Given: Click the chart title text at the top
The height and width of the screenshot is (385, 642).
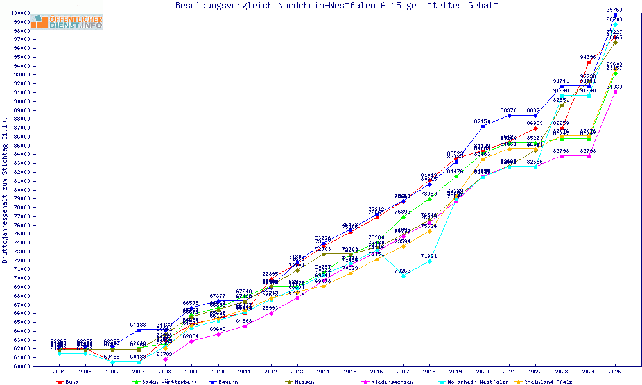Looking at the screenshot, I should click(x=336, y=6).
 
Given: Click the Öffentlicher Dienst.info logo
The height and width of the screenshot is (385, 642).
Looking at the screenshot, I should click(x=69, y=22).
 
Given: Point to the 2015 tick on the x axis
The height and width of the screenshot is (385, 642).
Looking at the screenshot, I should click(x=350, y=372).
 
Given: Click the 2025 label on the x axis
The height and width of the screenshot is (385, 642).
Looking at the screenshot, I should click(x=615, y=372).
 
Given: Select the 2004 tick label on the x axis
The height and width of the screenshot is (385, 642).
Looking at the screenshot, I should click(x=59, y=372).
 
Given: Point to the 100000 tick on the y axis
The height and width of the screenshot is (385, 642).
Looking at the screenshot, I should click(x=19, y=13).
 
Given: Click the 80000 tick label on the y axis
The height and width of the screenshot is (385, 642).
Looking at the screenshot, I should click(x=21, y=189).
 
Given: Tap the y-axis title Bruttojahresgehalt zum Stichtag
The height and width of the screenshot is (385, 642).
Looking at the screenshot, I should click(x=6, y=190).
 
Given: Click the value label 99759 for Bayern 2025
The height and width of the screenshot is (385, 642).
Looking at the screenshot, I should click(x=615, y=10).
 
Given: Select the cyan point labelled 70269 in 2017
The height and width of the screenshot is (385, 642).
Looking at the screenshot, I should click(x=403, y=276).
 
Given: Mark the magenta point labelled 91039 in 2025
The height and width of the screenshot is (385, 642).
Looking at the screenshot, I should click(x=615, y=92).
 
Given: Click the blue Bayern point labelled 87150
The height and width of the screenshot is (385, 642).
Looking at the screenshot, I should click(x=483, y=126).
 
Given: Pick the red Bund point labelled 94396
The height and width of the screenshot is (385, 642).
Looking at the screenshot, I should click(x=589, y=62).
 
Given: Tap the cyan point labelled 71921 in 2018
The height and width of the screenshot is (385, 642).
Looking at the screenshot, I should click(x=429, y=261).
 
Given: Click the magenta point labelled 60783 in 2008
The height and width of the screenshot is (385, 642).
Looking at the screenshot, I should click(x=165, y=359).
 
